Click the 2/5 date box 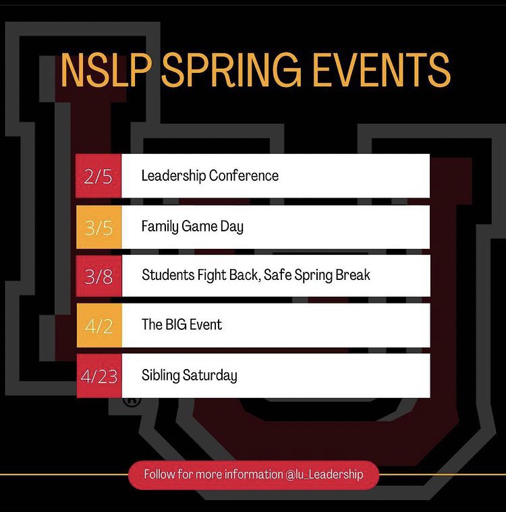click(x=99, y=176)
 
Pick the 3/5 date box click(x=99, y=227)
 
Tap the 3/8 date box click(x=99, y=276)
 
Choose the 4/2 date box click(x=99, y=325)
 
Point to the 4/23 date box click(x=99, y=376)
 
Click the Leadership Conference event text click(x=210, y=176)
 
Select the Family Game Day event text click(x=192, y=227)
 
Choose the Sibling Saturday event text click(x=189, y=376)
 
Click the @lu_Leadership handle click(x=325, y=474)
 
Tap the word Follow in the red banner click(x=159, y=474)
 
